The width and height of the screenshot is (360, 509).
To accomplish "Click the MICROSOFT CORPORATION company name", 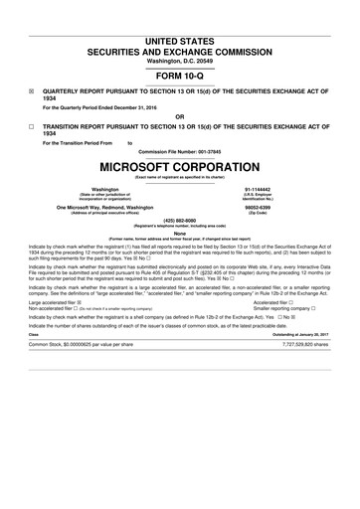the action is tap(180, 165).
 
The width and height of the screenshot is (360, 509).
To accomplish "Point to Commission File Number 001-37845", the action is tap(180, 151).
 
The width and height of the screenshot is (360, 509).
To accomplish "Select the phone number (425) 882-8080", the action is tap(180, 221).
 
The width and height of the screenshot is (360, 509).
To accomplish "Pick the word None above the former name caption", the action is tap(180, 234).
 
